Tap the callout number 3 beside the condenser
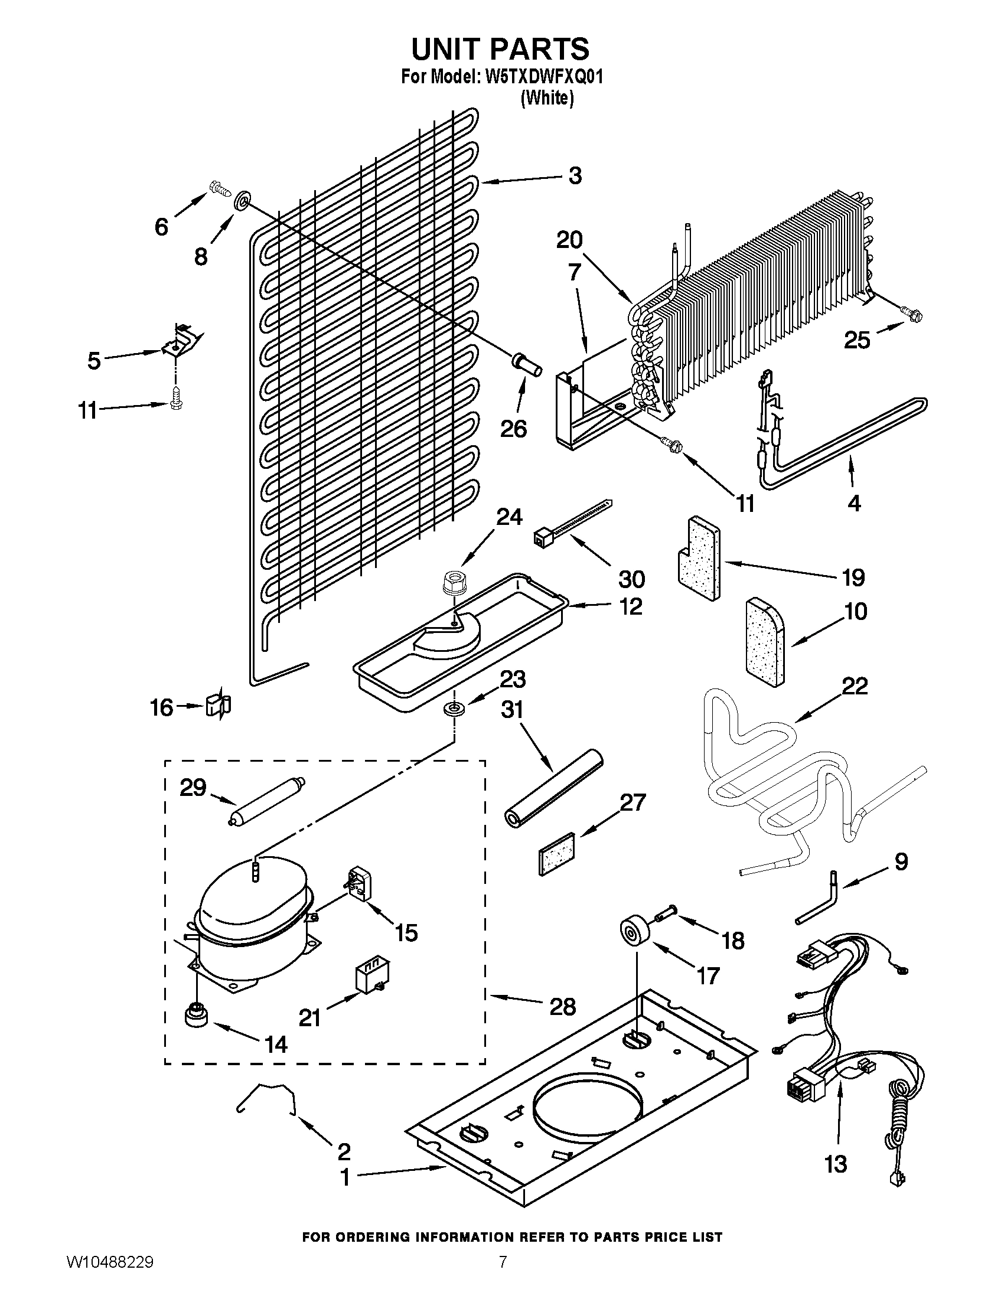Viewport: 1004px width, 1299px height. click(575, 176)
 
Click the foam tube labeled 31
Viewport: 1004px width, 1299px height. click(553, 787)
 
